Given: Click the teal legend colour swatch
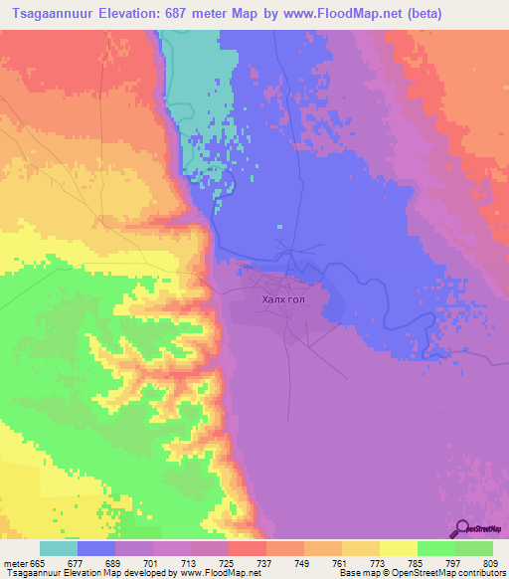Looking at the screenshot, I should point(59,548).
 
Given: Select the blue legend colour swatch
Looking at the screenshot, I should point(96,548).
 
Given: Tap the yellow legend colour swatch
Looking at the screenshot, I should point(399,548).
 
